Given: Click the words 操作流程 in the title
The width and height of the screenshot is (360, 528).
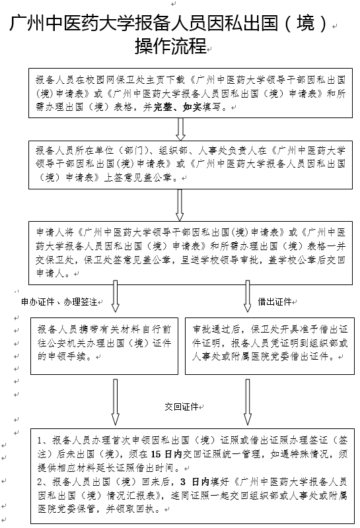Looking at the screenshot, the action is [171, 46].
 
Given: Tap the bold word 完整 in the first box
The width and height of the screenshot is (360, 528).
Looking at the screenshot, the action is [163, 108].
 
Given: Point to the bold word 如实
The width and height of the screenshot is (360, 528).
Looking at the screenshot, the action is [192, 108].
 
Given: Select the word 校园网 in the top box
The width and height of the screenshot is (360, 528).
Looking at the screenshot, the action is [100, 80].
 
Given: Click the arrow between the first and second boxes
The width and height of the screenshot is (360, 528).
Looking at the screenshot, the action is [181, 129].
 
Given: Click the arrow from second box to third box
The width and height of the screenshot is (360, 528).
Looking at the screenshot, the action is [180, 205].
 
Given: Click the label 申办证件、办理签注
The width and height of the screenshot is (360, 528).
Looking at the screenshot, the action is [59, 302].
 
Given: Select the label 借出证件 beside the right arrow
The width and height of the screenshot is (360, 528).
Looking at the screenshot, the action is [274, 302].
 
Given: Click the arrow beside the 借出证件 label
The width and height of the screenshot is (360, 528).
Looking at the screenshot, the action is [248, 296].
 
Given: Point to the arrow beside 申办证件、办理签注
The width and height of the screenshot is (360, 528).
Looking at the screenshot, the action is [116, 296].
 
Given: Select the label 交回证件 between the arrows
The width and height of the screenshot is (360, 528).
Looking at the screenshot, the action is [182, 407].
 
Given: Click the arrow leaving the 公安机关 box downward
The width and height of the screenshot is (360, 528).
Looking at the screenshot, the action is [116, 402].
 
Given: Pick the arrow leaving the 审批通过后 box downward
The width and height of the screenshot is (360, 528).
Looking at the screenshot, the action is [248, 402].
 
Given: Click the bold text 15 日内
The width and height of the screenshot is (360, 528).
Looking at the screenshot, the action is [166, 454].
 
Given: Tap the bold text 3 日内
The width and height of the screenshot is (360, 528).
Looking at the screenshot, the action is [195, 482].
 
